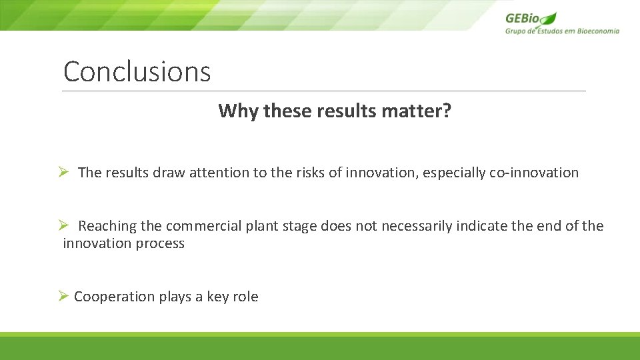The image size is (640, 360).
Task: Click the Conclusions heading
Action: click(137, 72)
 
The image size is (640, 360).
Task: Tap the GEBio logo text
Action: click(523, 19)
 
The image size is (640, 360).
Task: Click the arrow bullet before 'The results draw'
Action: click(63, 173)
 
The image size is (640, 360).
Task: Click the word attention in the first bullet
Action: click(219, 173)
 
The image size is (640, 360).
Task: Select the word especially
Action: click(453, 173)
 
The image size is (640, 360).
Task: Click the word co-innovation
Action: click(534, 173)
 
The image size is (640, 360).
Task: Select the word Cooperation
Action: click(114, 297)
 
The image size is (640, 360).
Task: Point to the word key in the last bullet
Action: click(217, 297)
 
